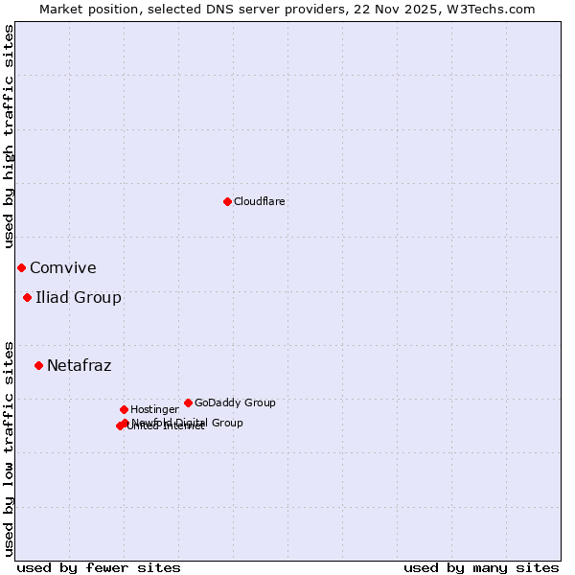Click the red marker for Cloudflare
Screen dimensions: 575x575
click(227, 201)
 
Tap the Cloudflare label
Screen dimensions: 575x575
click(260, 201)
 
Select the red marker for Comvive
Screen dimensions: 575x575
click(21, 267)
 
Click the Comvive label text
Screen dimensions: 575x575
click(63, 268)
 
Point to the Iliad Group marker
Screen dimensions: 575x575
click(27, 297)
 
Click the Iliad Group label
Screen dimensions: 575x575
click(79, 297)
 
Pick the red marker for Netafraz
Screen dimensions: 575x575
click(38, 365)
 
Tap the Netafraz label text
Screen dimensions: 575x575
click(80, 365)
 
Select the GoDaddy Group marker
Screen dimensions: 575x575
click(188, 402)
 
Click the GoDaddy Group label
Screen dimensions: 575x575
click(235, 402)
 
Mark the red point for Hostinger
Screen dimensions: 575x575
click(124, 409)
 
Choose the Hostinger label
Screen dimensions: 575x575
click(154, 409)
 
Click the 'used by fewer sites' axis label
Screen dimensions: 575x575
click(99, 567)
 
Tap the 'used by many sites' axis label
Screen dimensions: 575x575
click(481, 567)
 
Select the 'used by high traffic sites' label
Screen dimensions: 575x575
click(9, 136)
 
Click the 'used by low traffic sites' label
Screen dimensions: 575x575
click(9, 448)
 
